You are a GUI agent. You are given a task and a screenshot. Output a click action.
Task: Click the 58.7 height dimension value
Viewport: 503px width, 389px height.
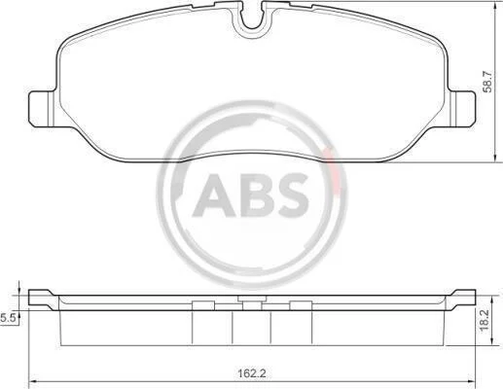tap(487, 82)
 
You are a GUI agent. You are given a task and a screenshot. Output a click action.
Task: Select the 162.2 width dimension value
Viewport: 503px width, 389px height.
tap(252, 373)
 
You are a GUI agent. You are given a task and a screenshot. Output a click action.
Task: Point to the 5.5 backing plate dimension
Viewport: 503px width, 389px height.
tap(7, 318)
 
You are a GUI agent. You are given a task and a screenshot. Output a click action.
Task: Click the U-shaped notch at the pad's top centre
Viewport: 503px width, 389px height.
tap(253, 20)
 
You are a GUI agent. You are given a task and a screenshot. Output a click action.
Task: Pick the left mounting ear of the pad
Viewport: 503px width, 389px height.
tap(43, 109)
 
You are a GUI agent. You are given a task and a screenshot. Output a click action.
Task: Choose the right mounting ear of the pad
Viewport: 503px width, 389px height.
tap(461, 109)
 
